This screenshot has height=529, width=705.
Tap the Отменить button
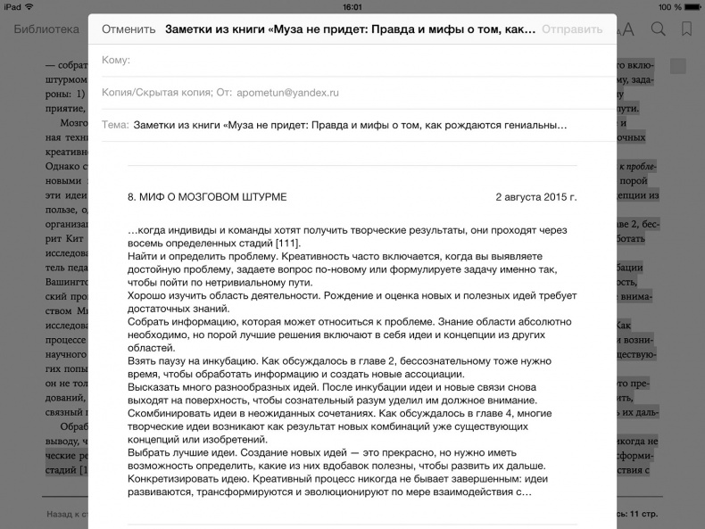point(129,29)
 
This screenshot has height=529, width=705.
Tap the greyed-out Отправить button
point(572,29)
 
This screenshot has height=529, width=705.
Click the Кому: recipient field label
point(116,60)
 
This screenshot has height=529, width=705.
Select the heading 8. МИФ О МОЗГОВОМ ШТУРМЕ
point(207,196)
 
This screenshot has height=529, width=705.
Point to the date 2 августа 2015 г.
point(535,196)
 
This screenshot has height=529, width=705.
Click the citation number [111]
point(287,244)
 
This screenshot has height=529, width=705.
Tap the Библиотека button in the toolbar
point(46,29)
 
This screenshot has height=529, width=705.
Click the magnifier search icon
point(658,29)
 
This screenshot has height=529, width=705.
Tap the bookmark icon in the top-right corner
point(686,29)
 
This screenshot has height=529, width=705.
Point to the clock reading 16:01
point(352,6)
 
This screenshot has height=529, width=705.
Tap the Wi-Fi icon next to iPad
point(31,6)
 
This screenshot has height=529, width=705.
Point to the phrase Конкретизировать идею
point(188,478)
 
